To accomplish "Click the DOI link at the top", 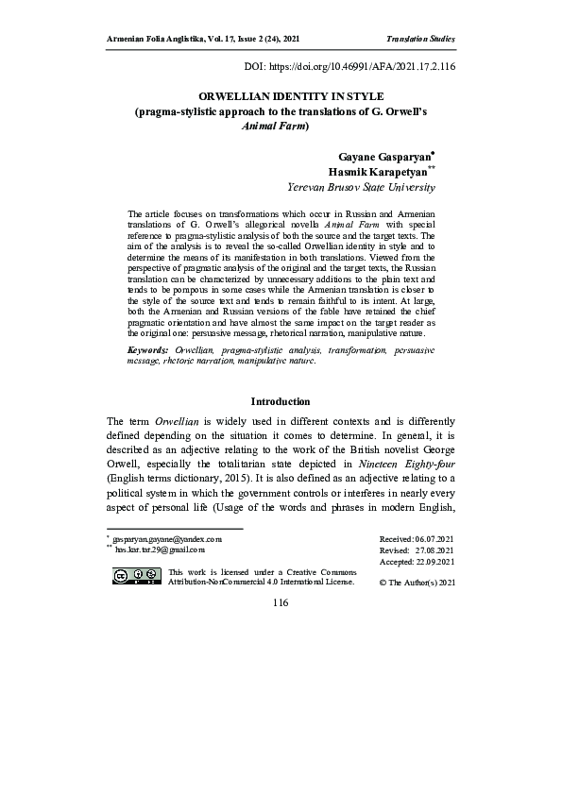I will click(349, 69).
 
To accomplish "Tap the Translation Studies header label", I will click(421, 39).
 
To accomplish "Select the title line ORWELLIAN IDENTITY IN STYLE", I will click(281, 96).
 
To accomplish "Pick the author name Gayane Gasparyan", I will click(376, 153).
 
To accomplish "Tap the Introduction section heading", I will click(281, 401).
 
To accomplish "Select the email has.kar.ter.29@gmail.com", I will click(161, 548).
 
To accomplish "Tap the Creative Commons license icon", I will click(135, 576).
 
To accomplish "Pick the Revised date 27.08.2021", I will click(417, 549).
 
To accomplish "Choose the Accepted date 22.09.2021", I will click(417, 562).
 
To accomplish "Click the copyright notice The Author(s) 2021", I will click(417, 583).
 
